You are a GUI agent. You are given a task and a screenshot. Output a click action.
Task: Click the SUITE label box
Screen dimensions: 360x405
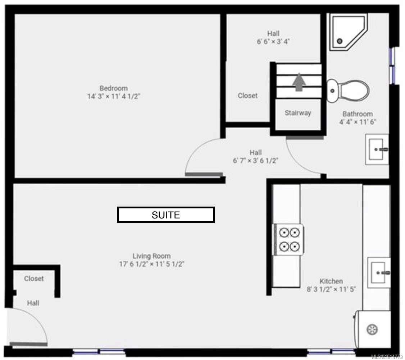(166, 215)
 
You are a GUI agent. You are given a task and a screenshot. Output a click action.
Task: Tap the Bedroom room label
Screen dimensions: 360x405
(114, 88)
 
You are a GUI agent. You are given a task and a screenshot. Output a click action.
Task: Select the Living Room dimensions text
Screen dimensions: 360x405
(152, 264)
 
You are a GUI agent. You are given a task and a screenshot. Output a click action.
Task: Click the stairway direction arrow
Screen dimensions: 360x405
(299, 82)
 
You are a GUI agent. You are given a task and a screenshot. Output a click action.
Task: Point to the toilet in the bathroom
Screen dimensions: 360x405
(348, 88)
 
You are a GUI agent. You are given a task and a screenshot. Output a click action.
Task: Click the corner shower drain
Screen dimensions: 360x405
(340, 41)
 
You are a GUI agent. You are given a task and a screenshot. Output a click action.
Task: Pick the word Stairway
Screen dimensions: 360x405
(298, 113)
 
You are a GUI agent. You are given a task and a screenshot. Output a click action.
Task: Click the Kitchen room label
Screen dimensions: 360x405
(331, 281)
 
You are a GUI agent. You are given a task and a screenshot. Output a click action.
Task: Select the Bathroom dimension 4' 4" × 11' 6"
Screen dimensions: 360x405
(358, 122)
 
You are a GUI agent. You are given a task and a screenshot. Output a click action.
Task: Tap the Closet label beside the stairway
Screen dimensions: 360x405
(247, 96)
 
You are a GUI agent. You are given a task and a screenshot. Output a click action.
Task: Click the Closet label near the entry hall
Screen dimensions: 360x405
(34, 278)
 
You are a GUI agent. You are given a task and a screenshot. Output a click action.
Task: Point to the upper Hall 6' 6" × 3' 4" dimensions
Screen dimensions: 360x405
(273, 41)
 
